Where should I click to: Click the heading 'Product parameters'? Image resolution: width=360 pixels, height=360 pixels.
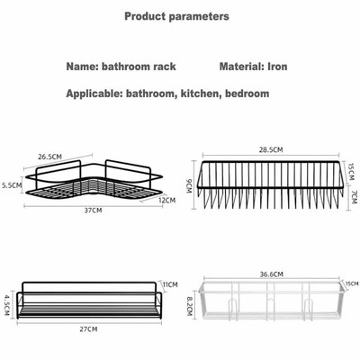(x=176, y=16)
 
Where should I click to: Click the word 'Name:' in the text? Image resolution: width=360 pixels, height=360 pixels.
(x=85, y=67)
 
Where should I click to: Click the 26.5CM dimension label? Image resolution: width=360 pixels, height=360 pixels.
(x=51, y=155)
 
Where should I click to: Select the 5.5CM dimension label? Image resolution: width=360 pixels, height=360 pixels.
(x=12, y=186)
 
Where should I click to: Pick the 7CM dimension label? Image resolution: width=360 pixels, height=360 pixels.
(x=353, y=195)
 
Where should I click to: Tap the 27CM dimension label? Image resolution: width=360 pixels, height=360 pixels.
(x=88, y=330)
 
